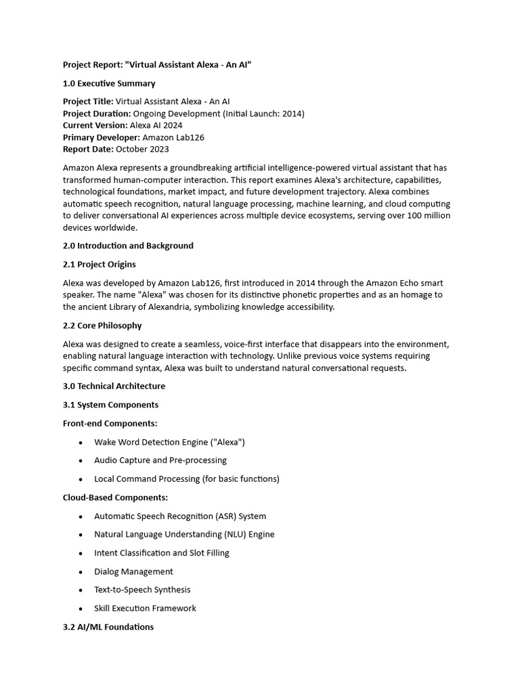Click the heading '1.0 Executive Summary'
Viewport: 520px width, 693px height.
tap(109, 83)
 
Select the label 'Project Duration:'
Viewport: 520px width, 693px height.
tap(97, 113)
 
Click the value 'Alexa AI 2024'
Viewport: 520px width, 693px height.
tap(156, 125)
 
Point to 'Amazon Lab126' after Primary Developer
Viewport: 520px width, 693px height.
tap(173, 137)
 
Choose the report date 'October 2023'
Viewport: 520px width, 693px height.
tap(142, 149)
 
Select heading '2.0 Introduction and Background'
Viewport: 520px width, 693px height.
tap(128, 246)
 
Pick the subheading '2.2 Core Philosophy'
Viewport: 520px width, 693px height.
tap(102, 326)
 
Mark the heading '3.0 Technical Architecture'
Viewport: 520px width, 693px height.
tap(114, 386)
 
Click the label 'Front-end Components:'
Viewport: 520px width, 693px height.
tap(110, 423)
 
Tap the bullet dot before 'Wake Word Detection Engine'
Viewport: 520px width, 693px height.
tap(81, 443)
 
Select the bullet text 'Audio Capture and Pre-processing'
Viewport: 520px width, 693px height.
tap(160, 460)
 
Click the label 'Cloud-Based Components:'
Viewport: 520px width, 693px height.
tap(115, 497)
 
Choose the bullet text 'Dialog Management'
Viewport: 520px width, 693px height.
tap(133, 571)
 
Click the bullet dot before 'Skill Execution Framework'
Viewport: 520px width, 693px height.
tap(81, 608)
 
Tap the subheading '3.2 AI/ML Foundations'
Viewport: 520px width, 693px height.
tap(108, 627)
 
